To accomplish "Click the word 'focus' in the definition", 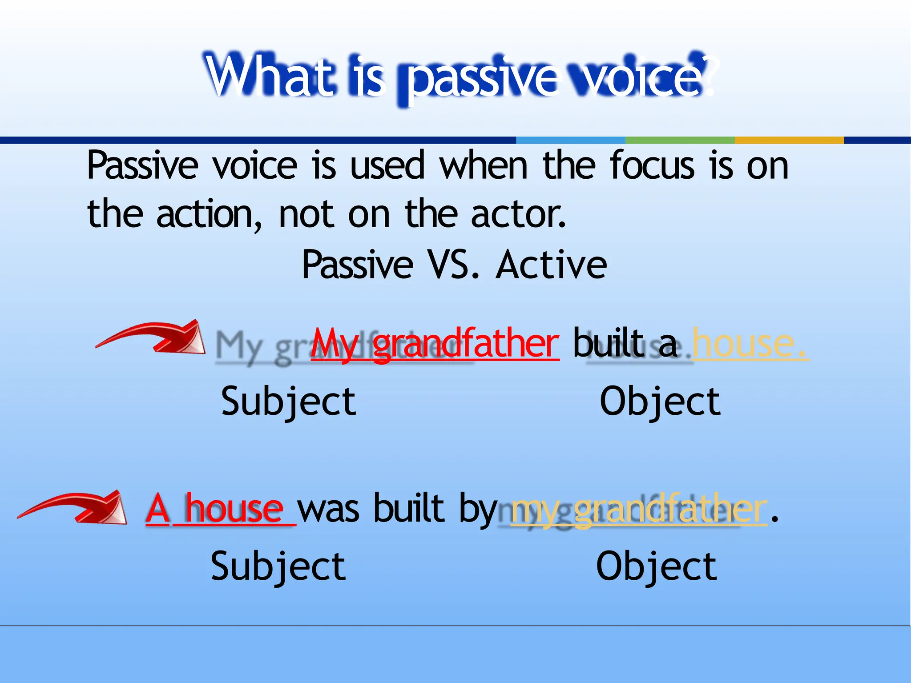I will point(652,165).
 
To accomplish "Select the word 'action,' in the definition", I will point(209,215).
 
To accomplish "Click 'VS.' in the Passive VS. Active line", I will point(453,265).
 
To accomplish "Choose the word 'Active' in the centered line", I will point(551,265).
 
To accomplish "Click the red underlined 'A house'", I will point(220,509).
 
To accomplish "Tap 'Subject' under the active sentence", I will point(289,402).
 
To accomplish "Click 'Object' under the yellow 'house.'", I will point(660,402).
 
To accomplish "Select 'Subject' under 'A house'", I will point(278,566).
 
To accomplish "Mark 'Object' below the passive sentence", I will point(657,566).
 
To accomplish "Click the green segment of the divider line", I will point(680,140).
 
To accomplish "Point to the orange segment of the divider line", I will point(789,140).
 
